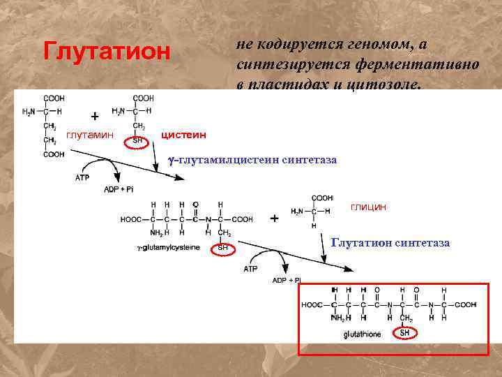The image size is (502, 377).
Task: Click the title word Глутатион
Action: (x=106, y=51)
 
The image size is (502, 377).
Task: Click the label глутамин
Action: (x=89, y=134)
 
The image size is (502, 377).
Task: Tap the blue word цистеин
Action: (x=183, y=133)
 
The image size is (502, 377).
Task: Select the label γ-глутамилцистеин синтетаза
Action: (x=252, y=160)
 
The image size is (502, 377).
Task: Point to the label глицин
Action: (x=369, y=207)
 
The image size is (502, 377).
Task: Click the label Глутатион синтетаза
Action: (x=390, y=243)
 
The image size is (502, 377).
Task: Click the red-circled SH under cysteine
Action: (x=137, y=140)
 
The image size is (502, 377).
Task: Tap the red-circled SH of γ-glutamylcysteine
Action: (x=223, y=247)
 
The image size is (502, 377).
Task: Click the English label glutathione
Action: (x=363, y=334)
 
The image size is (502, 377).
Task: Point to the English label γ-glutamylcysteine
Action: (x=169, y=247)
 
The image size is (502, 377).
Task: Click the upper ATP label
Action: (x=82, y=177)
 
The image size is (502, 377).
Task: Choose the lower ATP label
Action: (x=251, y=268)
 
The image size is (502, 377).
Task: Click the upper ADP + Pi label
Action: (x=120, y=188)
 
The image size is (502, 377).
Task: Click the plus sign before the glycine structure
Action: (x=274, y=219)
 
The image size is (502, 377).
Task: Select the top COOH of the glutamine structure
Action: (x=54, y=98)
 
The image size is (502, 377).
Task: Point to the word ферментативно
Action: (x=416, y=65)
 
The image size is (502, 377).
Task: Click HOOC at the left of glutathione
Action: (x=312, y=304)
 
